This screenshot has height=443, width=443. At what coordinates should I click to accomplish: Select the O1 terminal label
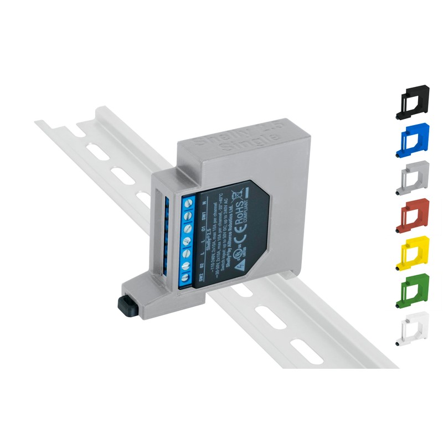pyautogui.click(x=204, y=230)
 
